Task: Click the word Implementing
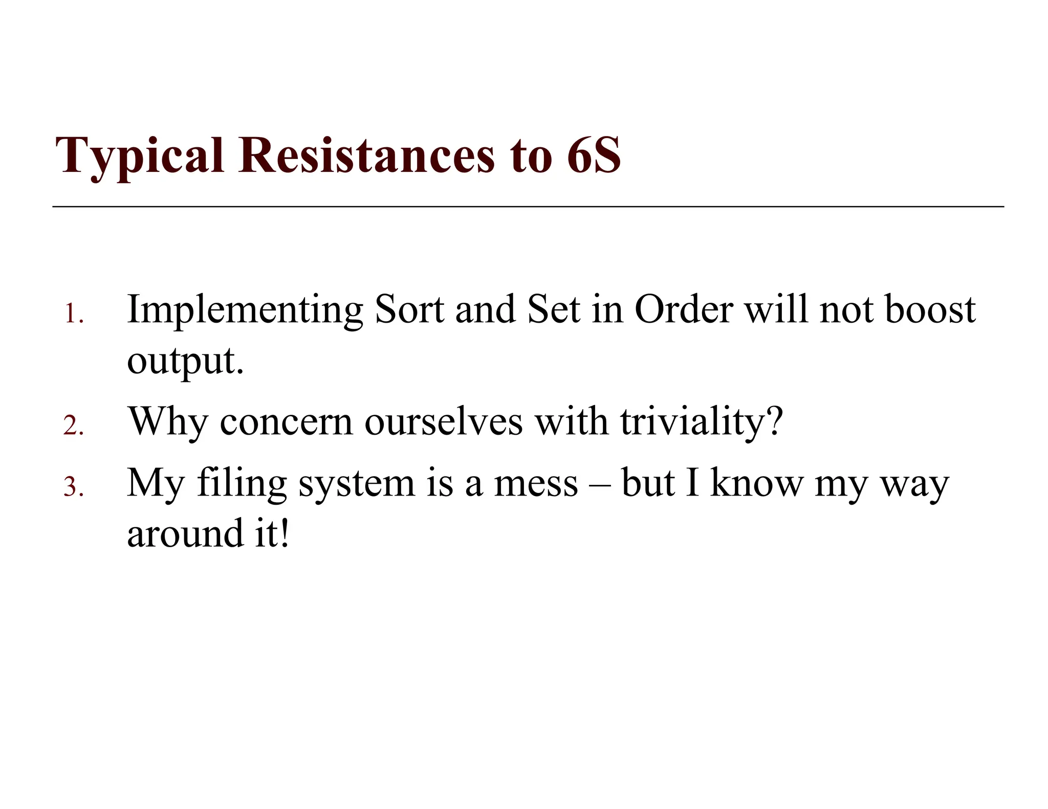coord(245,310)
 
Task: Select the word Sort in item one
coord(409,310)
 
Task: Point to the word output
coord(185,361)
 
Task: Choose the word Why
coord(168,422)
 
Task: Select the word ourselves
coord(444,422)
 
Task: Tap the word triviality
coord(701,422)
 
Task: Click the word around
coord(185,533)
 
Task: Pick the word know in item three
coord(757,483)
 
